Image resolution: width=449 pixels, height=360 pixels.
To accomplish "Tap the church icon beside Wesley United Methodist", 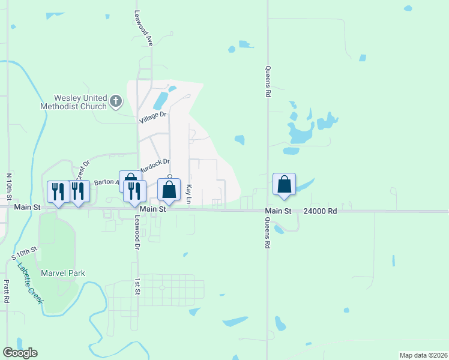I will point(116,101).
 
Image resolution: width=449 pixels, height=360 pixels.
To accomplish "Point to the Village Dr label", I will point(152,118).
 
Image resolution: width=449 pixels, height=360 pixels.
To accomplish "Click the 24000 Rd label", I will point(320,211).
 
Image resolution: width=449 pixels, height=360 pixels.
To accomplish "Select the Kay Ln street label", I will point(188,193).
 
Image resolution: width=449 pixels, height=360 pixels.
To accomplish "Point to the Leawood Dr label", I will point(137,233).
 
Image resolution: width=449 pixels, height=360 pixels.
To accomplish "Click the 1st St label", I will point(137,287).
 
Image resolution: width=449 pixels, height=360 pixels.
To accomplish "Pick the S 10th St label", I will point(25,254).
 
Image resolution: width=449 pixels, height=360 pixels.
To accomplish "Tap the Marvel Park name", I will point(62,273).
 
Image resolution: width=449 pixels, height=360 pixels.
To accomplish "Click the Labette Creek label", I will point(30,283).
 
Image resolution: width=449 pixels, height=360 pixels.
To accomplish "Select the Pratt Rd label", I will point(7,291).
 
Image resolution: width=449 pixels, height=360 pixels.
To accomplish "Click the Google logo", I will point(20,353).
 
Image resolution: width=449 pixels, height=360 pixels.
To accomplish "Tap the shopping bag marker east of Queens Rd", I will point(285,185).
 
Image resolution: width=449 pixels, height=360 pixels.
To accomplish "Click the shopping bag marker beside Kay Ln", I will point(169,190).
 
